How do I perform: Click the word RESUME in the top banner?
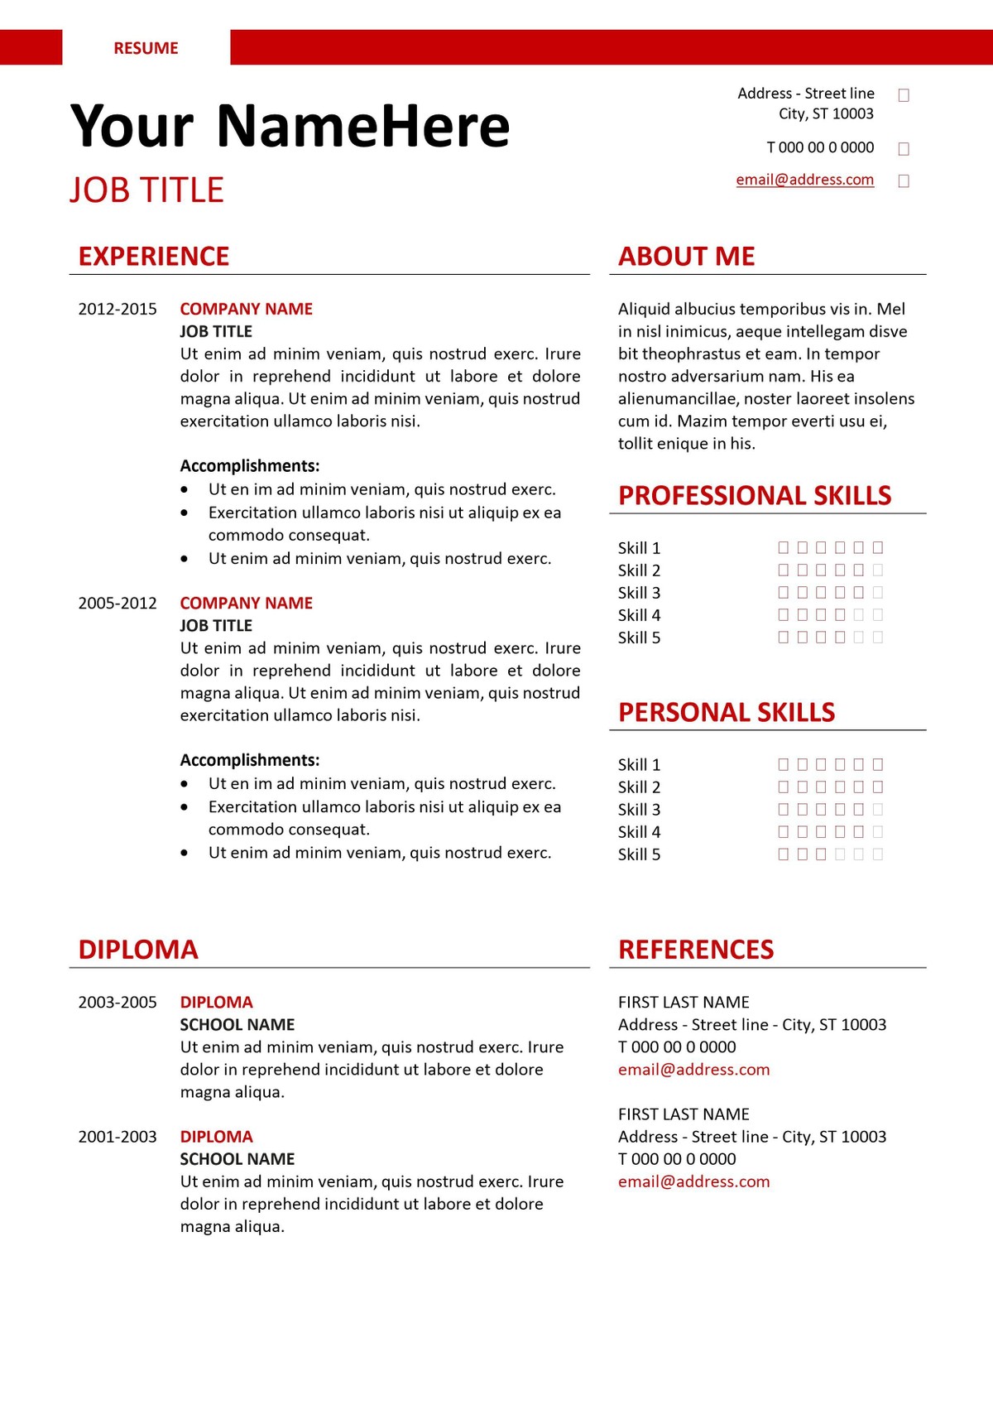(x=146, y=48)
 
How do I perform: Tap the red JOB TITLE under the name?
(x=146, y=190)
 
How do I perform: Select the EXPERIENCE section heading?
(x=154, y=257)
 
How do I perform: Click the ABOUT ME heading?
(x=686, y=257)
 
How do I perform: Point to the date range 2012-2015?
(x=118, y=310)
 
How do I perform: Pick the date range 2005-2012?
(x=118, y=604)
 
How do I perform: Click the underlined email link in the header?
(x=804, y=180)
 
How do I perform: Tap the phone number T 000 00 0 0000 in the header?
(x=820, y=147)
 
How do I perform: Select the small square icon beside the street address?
(x=904, y=95)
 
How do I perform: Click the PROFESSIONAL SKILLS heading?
(x=755, y=496)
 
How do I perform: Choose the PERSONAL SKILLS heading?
(x=727, y=713)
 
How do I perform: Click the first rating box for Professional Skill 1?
(x=784, y=547)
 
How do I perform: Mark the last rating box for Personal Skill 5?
(x=878, y=854)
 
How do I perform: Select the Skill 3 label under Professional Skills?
(x=639, y=593)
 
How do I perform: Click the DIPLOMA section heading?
(x=138, y=950)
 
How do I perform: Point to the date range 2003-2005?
(x=118, y=1003)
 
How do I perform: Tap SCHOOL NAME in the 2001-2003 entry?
(x=237, y=1159)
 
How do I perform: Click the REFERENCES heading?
(x=696, y=950)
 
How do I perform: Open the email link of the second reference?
(x=693, y=1181)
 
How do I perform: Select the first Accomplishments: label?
(x=250, y=466)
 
